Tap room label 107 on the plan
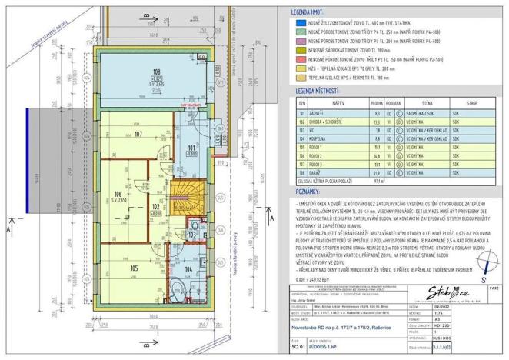(x=138, y=135)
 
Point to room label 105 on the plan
(x=134, y=268)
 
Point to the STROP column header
(x=473, y=102)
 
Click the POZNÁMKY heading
(x=308, y=189)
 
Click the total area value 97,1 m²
(x=378, y=181)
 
